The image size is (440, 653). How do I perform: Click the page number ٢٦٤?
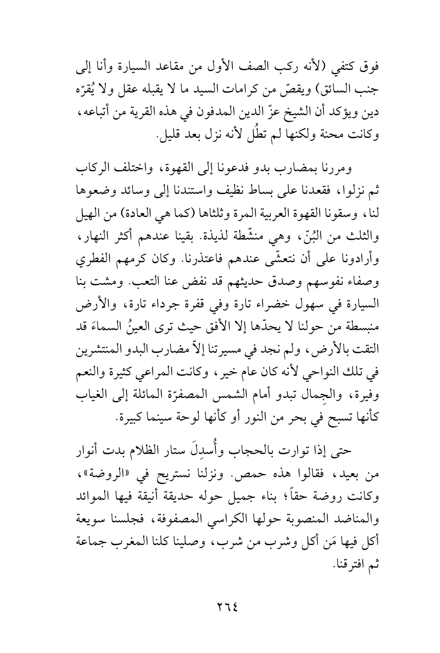[220, 607]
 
